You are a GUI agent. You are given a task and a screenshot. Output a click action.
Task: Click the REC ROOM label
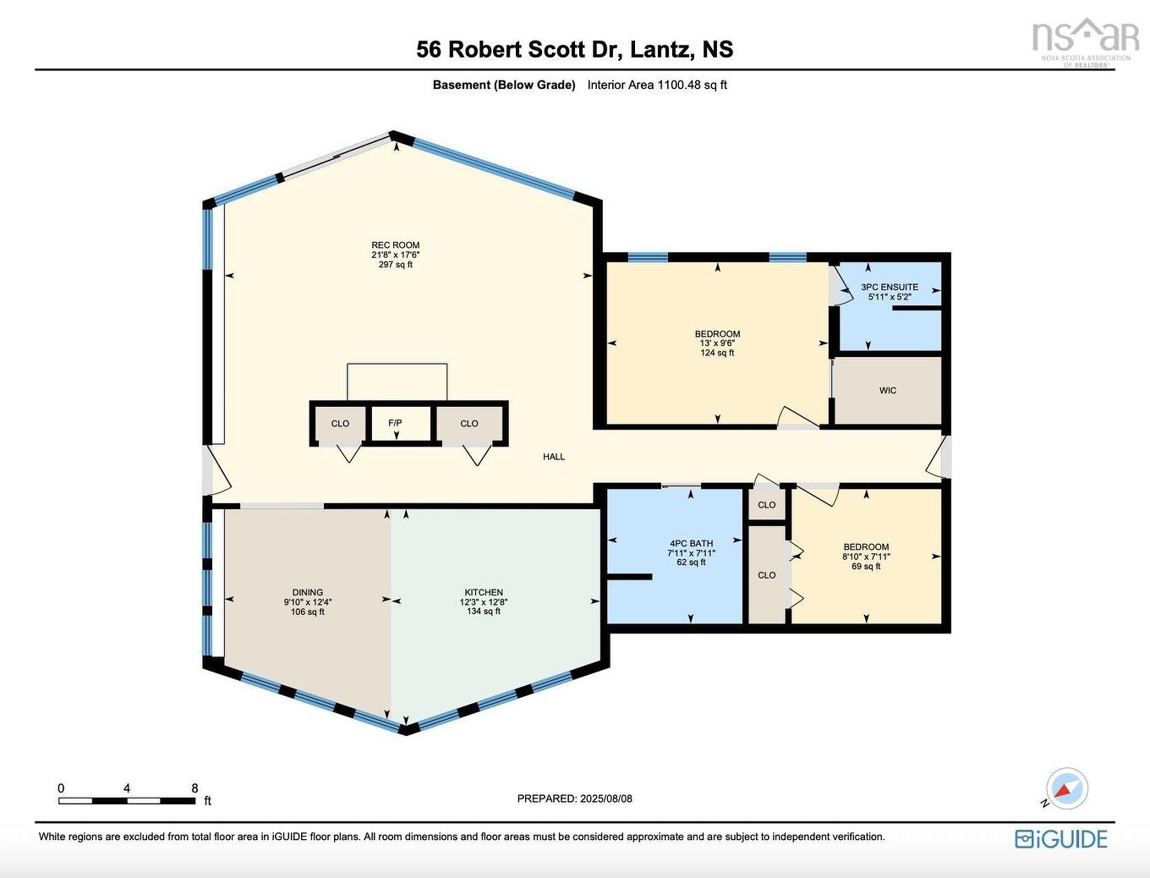pos(395,245)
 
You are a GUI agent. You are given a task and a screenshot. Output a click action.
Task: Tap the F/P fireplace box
pos(395,423)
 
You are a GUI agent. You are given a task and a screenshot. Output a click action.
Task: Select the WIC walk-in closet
pos(887,391)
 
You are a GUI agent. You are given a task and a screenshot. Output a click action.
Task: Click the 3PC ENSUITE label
pos(889,288)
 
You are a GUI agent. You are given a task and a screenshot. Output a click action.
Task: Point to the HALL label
pos(554,457)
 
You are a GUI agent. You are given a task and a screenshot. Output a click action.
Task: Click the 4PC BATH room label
pos(691,544)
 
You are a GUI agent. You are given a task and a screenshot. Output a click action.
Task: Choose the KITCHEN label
pos(484,593)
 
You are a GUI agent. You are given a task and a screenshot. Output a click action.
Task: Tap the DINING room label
pos(308,593)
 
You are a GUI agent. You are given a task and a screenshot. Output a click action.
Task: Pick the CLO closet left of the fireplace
pos(340,424)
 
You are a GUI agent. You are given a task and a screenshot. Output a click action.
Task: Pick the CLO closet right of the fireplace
pos(469,424)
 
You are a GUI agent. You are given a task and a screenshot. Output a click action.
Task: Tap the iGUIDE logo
pos(1061,838)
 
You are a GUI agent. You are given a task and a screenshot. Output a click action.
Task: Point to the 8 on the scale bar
pos(194,788)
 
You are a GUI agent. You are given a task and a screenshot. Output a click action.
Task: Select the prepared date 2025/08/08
pos(574,798)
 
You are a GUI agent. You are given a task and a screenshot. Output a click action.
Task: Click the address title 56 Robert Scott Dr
pos(574,49)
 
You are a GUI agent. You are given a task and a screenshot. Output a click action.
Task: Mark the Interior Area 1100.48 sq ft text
pos(657,85)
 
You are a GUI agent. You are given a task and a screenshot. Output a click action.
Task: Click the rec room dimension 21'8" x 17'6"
pos(395,255)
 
